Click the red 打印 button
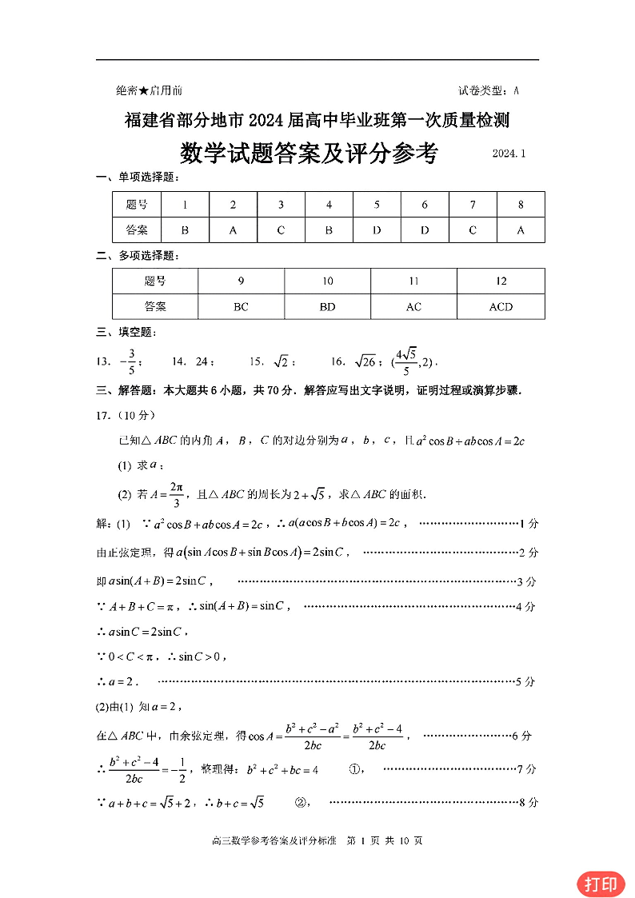coord(601,884)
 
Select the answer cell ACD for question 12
coord(501,306)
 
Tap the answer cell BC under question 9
coord(241,306)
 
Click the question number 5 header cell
coord(377,205)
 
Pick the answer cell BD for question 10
coord(327,306)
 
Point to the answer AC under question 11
coord(413,306)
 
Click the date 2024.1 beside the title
coord(509,153)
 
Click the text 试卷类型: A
coord(489,91)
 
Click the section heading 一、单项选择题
coord(138,177)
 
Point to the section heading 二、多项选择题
coord(138,255)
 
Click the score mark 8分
coord(527,802)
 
